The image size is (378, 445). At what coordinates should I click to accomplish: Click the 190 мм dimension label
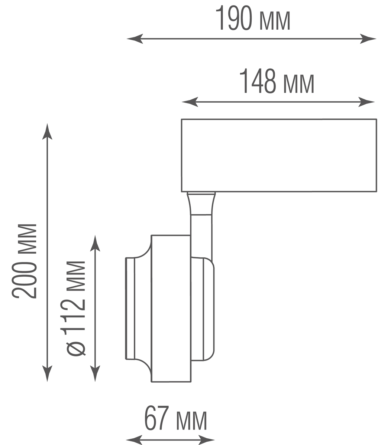coord(253,19)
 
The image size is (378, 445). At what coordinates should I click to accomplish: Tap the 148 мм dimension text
coord(277,81)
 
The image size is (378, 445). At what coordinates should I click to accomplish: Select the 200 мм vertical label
coord(24,261)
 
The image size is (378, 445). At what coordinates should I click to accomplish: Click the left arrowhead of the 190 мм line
coord(135,39)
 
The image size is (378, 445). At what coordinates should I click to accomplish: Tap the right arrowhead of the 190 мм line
coord(368,39)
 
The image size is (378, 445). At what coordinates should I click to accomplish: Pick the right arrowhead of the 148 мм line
coord(366,102)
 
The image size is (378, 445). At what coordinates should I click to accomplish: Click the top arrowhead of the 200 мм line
coord(47,131)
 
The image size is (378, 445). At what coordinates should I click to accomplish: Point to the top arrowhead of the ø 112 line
coord(95,243)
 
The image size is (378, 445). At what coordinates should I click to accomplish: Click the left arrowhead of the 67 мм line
coord(134,439)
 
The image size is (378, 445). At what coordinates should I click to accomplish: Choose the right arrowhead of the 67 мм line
coord(207,439)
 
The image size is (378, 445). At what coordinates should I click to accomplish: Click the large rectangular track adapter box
coord(279,155)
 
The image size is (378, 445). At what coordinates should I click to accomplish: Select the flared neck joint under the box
coord(201,204)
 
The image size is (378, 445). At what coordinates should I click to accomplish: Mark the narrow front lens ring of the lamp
coord(130,308)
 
